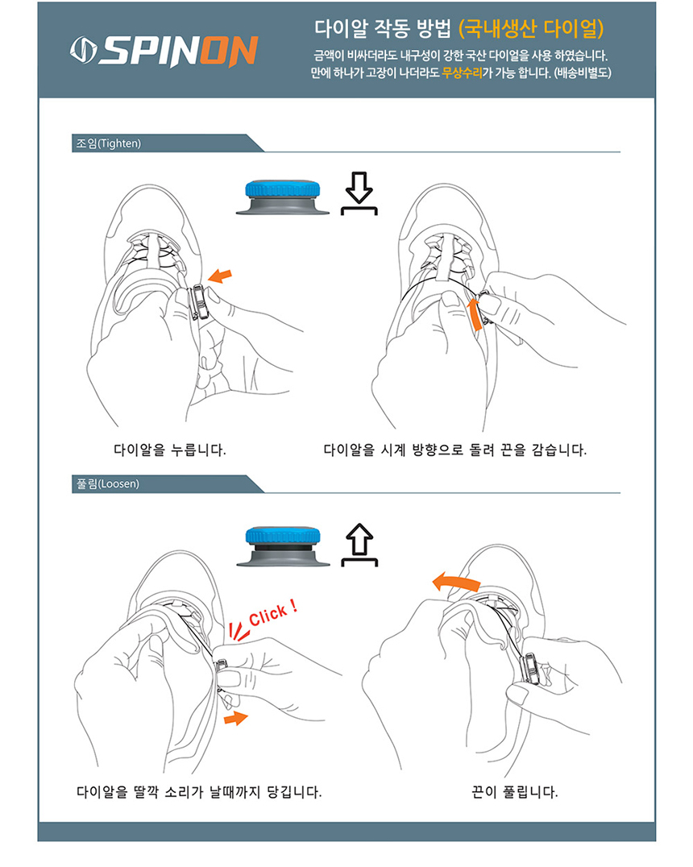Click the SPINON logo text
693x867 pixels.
[x=178, y=51]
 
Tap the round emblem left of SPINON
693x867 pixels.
[x=83, y=50]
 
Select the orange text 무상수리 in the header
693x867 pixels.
[x=462, y=73]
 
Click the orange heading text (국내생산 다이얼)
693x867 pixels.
[x=531, y=29]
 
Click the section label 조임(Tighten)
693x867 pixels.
[x=109, y=143]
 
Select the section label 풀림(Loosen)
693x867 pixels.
[x=107, y=483]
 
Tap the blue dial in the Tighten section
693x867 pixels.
[x=283, y=189]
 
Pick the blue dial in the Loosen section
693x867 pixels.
[x=283, y=535]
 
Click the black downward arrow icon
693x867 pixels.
[x=359, y=193]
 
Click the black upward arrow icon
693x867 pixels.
[x=359, y=545]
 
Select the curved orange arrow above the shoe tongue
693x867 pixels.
[x=456, y=583]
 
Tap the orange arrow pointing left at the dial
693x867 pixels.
[x=220, y=276]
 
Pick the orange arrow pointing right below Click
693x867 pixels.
[x=236, y=718]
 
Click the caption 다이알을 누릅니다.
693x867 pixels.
[x=170, y=450]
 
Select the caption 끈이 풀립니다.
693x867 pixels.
[x=514, y=792]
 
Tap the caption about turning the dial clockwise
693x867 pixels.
[x=454, y=450]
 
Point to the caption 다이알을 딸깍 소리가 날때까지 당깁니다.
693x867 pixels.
[x=199, y=792]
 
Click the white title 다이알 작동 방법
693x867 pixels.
[x=383, y=29]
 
